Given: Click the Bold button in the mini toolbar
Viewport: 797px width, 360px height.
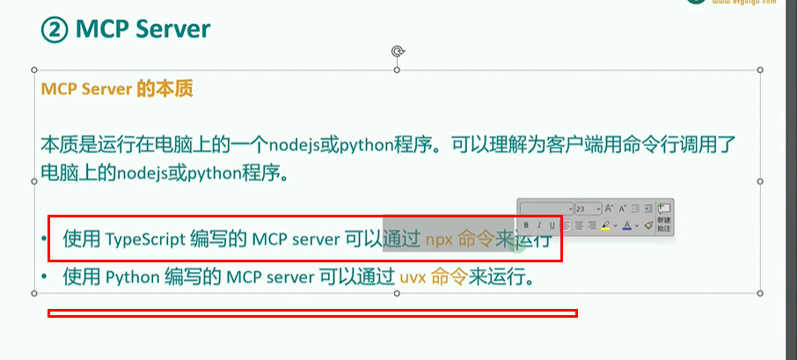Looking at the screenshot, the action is click(527, 226).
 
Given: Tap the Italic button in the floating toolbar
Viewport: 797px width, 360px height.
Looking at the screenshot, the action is click(539, 226).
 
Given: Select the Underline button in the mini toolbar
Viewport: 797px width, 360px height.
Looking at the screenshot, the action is click(552, 226).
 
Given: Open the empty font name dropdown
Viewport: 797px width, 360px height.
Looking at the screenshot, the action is click(545, 209).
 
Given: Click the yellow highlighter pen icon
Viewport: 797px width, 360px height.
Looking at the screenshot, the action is click(606, 226).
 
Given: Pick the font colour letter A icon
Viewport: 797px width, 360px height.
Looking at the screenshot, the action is click(626, 226).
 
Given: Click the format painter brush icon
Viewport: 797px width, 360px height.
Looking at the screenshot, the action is click(647, 226).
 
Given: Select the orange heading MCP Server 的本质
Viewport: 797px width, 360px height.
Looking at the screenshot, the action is click(116, 89).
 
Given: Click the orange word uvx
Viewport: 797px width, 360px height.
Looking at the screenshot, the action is click(413, 278).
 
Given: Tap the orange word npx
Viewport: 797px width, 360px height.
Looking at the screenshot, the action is click(439, 239).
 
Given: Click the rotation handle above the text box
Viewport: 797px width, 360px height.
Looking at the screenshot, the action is click(398, 52).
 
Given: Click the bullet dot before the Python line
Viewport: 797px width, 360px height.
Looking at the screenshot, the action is click(44, 278).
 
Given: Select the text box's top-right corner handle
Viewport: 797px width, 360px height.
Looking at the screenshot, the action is click(760, 69).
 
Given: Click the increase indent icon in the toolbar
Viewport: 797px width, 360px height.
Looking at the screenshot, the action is click(648, 209).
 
